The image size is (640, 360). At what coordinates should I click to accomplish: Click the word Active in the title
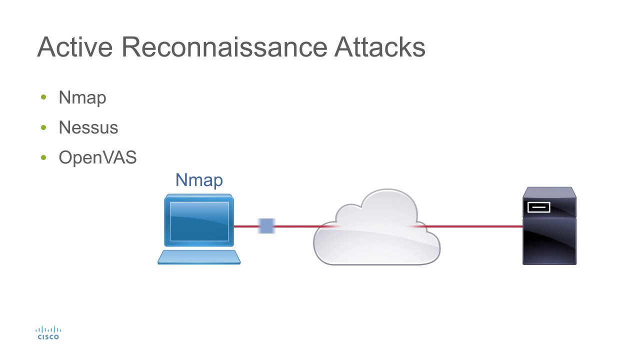pos(74,47)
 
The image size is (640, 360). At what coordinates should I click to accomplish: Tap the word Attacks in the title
pos(380,47)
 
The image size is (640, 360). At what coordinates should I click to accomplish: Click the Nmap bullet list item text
pos(82,97)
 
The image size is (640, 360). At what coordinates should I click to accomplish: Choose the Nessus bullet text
pos(88,127)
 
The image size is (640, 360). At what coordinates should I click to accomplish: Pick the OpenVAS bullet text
pos(97,158)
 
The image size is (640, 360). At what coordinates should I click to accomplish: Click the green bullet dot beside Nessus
pos(43,127)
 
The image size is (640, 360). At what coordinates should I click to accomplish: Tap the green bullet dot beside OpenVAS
pos(43,158)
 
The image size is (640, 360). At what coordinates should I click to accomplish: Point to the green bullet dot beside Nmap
pos(43,97)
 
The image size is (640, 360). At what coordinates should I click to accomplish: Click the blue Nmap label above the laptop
pos(199,180)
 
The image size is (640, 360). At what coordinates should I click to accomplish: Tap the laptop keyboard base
pos(199,256)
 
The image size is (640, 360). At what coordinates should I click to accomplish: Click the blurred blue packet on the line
pos(266,226)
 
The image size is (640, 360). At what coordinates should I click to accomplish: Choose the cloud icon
pos(376,230)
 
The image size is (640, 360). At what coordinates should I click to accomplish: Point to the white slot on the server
pos(538,206)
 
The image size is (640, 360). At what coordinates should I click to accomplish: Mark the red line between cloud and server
pos(475,226)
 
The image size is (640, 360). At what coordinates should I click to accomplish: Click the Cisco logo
pos(48,333)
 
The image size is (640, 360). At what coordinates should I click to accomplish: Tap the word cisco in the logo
pos(48,337)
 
